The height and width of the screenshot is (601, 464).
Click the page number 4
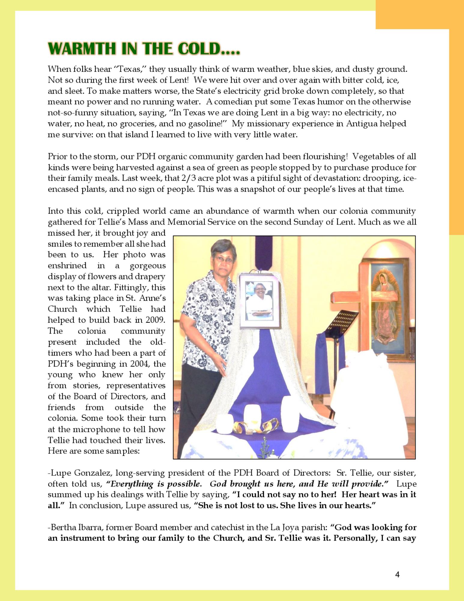point(397,575)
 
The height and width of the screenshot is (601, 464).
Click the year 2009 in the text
point(155,320)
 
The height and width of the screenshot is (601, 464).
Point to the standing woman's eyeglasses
point(224,259)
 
